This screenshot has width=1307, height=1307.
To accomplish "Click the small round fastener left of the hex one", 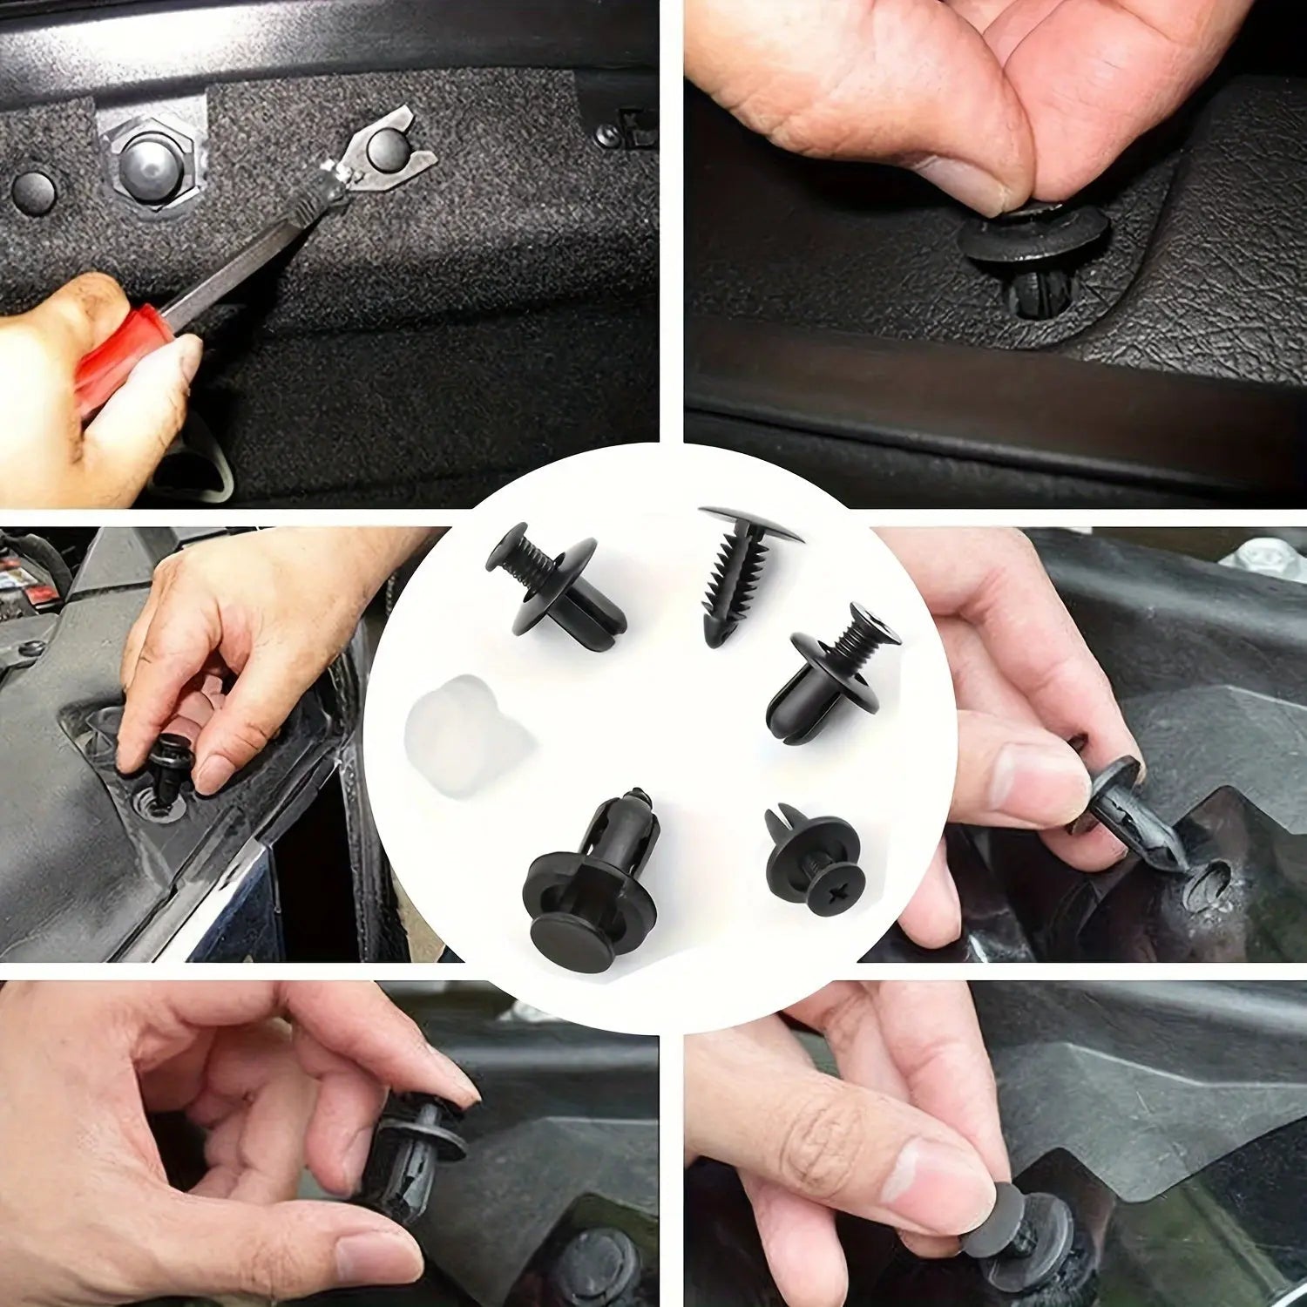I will (x=33, y=187).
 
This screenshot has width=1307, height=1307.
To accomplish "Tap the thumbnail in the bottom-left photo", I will (x=370, y=1256).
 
